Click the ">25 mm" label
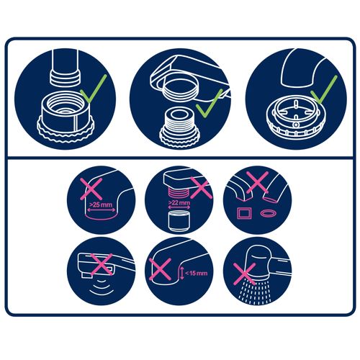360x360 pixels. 101,205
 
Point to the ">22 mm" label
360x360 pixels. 179,203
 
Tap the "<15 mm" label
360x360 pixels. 196,273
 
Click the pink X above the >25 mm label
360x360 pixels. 91,189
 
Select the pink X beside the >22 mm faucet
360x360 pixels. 201,188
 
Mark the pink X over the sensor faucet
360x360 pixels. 102,264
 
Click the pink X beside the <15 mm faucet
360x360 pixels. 160,269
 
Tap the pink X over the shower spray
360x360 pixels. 244,274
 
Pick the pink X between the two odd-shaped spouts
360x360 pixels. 257,182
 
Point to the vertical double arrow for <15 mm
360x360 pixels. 182,273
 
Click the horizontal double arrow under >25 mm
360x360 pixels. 101,210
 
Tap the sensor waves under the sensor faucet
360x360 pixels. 102,286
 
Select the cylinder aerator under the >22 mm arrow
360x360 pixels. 179,221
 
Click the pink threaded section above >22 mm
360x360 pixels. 179,193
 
